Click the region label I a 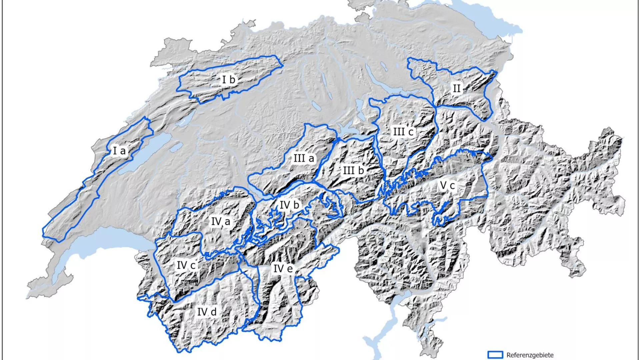pyautogui.click(x=119, y=151)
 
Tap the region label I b pyautogui.click(x=229, y=80)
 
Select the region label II pyautogui.click(x=456, y=88)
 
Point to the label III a pyautogui.click(x=304, y=158)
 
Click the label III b pyautogui.click(x=353, y=170)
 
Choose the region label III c pyautogui.click(x=403, y=132)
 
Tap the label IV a pyautogui.click(x=221, y=221)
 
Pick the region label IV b pyautogui.click(x=289, y=205)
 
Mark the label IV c pyautogui.click(x=186, y=265)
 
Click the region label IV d pyautogui.click(x=207, y=312)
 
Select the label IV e pyautogui.click(x=283, y=268)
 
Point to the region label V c pyautogui.click(x=447, y=185)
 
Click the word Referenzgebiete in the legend pyautogui.click(x=530, y=355)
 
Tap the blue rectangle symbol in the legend pyautogui.click(x=495, y=355)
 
